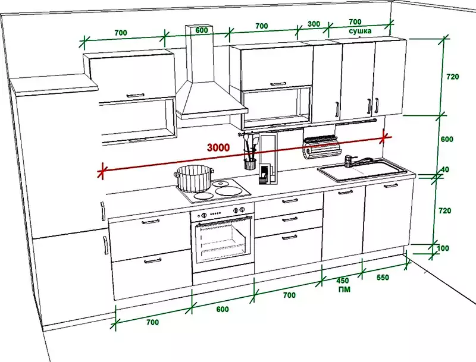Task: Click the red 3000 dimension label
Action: point(218,147)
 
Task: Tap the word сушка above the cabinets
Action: point(360,31)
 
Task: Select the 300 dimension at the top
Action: point(314,24)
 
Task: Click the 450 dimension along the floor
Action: point(343,281)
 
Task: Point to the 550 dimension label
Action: point(383,277)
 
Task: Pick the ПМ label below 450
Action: point(345,289)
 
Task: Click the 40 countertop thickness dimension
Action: point(444,169)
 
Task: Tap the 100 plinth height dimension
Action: point(443,248)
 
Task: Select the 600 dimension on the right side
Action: point(447,139)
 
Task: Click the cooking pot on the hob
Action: point(194,178)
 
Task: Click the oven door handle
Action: point(224,221)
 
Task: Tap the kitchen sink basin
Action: point(362,171)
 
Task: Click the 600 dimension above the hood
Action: point(202,30)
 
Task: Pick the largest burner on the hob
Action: point(229,191)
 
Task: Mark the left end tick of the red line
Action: point(102,171)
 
